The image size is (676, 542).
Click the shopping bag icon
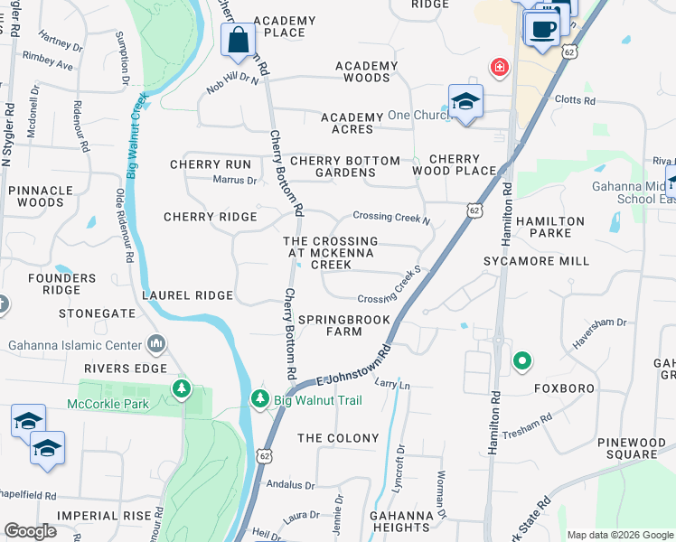[238, 41]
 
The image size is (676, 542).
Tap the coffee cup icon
[542, 29]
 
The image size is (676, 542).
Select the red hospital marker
[498, 67]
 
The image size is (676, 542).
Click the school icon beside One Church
[465, 102]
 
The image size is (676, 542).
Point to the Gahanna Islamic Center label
[75, 345]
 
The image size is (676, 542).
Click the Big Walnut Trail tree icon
[260, 398]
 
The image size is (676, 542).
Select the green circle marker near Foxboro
[521, 362]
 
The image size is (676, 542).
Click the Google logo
[30, 531]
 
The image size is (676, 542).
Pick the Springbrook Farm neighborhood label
[344, 325]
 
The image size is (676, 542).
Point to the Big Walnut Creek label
[136, 135]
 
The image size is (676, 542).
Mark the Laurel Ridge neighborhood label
[187, 295]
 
